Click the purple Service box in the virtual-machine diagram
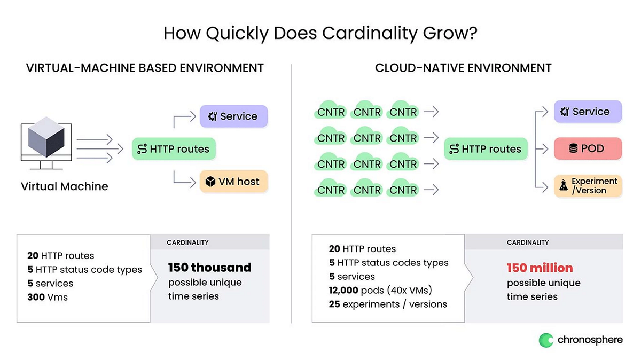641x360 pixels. (233, 116)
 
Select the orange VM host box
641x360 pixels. (233, 182)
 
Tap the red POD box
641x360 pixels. (588, 149)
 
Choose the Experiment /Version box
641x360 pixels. (588, 186)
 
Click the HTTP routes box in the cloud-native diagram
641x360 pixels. (486, 149)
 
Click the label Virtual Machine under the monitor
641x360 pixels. (64, 187)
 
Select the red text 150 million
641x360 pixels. (540, 268)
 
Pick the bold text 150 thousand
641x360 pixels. (209, 267)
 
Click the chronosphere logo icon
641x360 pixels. (546, 340)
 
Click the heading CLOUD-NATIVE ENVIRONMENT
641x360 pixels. (463, 68)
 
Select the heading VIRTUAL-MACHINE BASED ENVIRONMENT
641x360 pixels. (145, 68)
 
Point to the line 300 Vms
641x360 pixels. (48, 297)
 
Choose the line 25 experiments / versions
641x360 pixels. (388, 304)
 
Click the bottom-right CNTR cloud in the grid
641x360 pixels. (403, 189)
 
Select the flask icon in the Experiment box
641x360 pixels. (563, 186)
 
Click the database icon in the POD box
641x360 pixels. (573, 149)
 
